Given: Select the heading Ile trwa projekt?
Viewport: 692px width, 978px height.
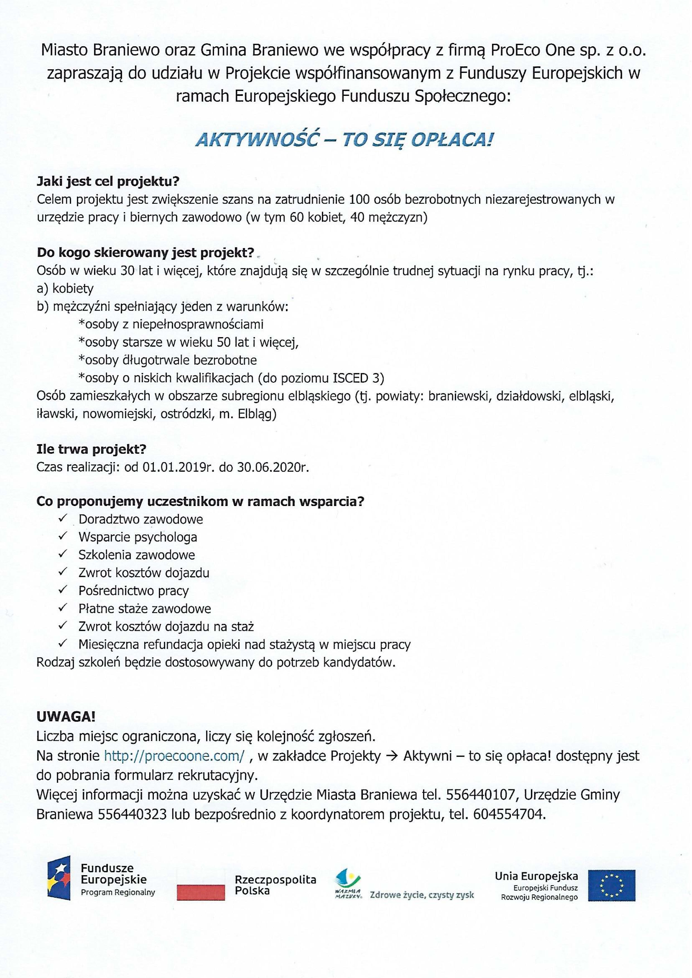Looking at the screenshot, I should (x=92, y=449).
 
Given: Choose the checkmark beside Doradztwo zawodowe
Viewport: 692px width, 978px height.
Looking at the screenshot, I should (x=64, y=518).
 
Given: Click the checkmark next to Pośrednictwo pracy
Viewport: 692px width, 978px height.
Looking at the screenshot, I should (x=64, y=590).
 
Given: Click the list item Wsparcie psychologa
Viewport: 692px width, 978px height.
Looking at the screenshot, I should (x=138, y=537).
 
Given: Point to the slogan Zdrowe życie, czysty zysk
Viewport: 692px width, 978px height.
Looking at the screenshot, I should (x=422, y=895).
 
